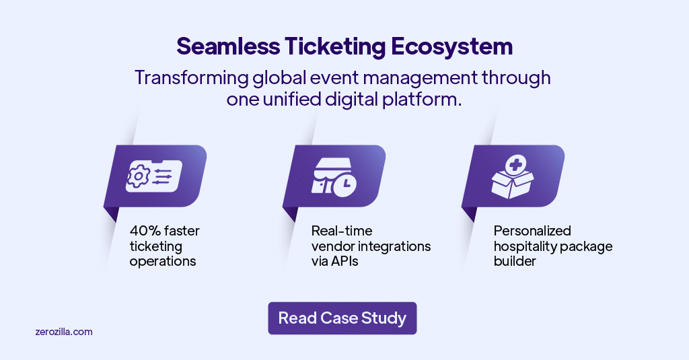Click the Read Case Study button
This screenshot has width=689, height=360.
(342, 318)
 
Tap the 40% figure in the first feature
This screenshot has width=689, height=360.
(144, 231)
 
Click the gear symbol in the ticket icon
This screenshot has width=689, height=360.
(139, 177)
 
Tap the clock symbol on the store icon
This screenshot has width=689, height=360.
(344, 184)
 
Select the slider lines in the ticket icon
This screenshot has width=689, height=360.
(162, 177)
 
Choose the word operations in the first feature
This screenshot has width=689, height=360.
(163, 261)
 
